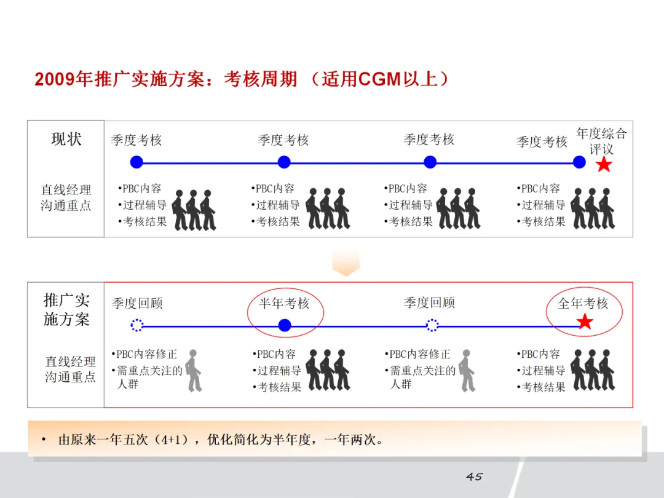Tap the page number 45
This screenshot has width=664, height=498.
[x=474, y=476]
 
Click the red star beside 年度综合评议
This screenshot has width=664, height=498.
[x=604, y=164]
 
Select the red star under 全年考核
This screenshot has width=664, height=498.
[x=584, y=322]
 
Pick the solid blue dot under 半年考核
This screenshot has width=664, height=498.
[x=284, y=325]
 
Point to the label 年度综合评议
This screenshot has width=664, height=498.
[x=601, y=141]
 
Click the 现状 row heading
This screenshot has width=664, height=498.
[x=66, y=139]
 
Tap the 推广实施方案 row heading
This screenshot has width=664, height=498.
[x=66, y=310]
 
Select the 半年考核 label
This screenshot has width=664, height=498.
[x=284, y=303]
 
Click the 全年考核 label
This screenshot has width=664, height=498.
[x=583, y=303]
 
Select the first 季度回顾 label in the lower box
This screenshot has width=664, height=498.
[x=137, y=303]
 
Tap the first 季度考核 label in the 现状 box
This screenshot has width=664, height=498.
[x=136, y=140]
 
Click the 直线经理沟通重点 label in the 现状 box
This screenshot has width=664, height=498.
[x=66, y=197]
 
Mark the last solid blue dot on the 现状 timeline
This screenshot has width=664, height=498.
[x=579, y=162]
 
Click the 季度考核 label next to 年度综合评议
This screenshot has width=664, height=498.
[x=542, y=142]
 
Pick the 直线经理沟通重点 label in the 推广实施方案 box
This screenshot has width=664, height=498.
[x=70, y=369]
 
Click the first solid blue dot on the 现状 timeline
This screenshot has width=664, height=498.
[x=136, y=162]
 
